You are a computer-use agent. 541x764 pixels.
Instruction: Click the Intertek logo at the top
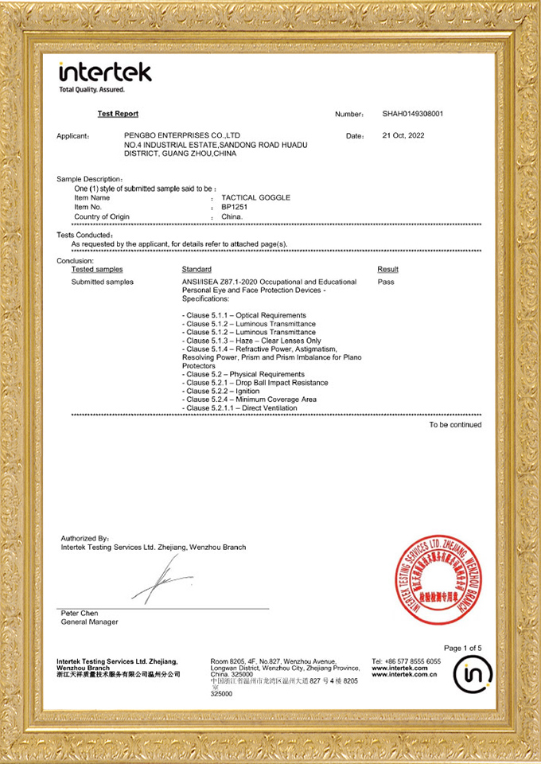[x=104, y=73]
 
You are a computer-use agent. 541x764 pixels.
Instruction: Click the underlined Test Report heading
[x=118, y=114]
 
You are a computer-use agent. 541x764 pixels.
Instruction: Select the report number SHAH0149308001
[x=412, y=114]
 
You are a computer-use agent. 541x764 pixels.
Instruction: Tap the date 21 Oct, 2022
[x=403, y=135]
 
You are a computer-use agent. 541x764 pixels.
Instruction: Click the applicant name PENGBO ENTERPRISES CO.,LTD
[x=182, y=135]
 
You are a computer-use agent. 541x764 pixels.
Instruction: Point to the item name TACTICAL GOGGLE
[x=251, y=197]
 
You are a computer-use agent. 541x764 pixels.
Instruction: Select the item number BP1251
[x=235, y=207]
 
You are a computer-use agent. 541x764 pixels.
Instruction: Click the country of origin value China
[x=232, y=216]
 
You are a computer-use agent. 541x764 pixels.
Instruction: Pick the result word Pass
[x=386, y=282]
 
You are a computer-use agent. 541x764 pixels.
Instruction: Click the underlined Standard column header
[x=197, y=270]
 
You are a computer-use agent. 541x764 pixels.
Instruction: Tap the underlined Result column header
[x=387, y=270]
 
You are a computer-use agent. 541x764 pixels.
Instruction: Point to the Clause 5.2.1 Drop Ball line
[x=255, y=383]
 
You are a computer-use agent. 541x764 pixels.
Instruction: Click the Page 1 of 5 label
[x=462, y=648]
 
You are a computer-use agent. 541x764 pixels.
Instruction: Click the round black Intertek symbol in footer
[x=473, y=676]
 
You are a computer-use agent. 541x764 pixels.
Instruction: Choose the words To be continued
[x=455, y=425]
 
